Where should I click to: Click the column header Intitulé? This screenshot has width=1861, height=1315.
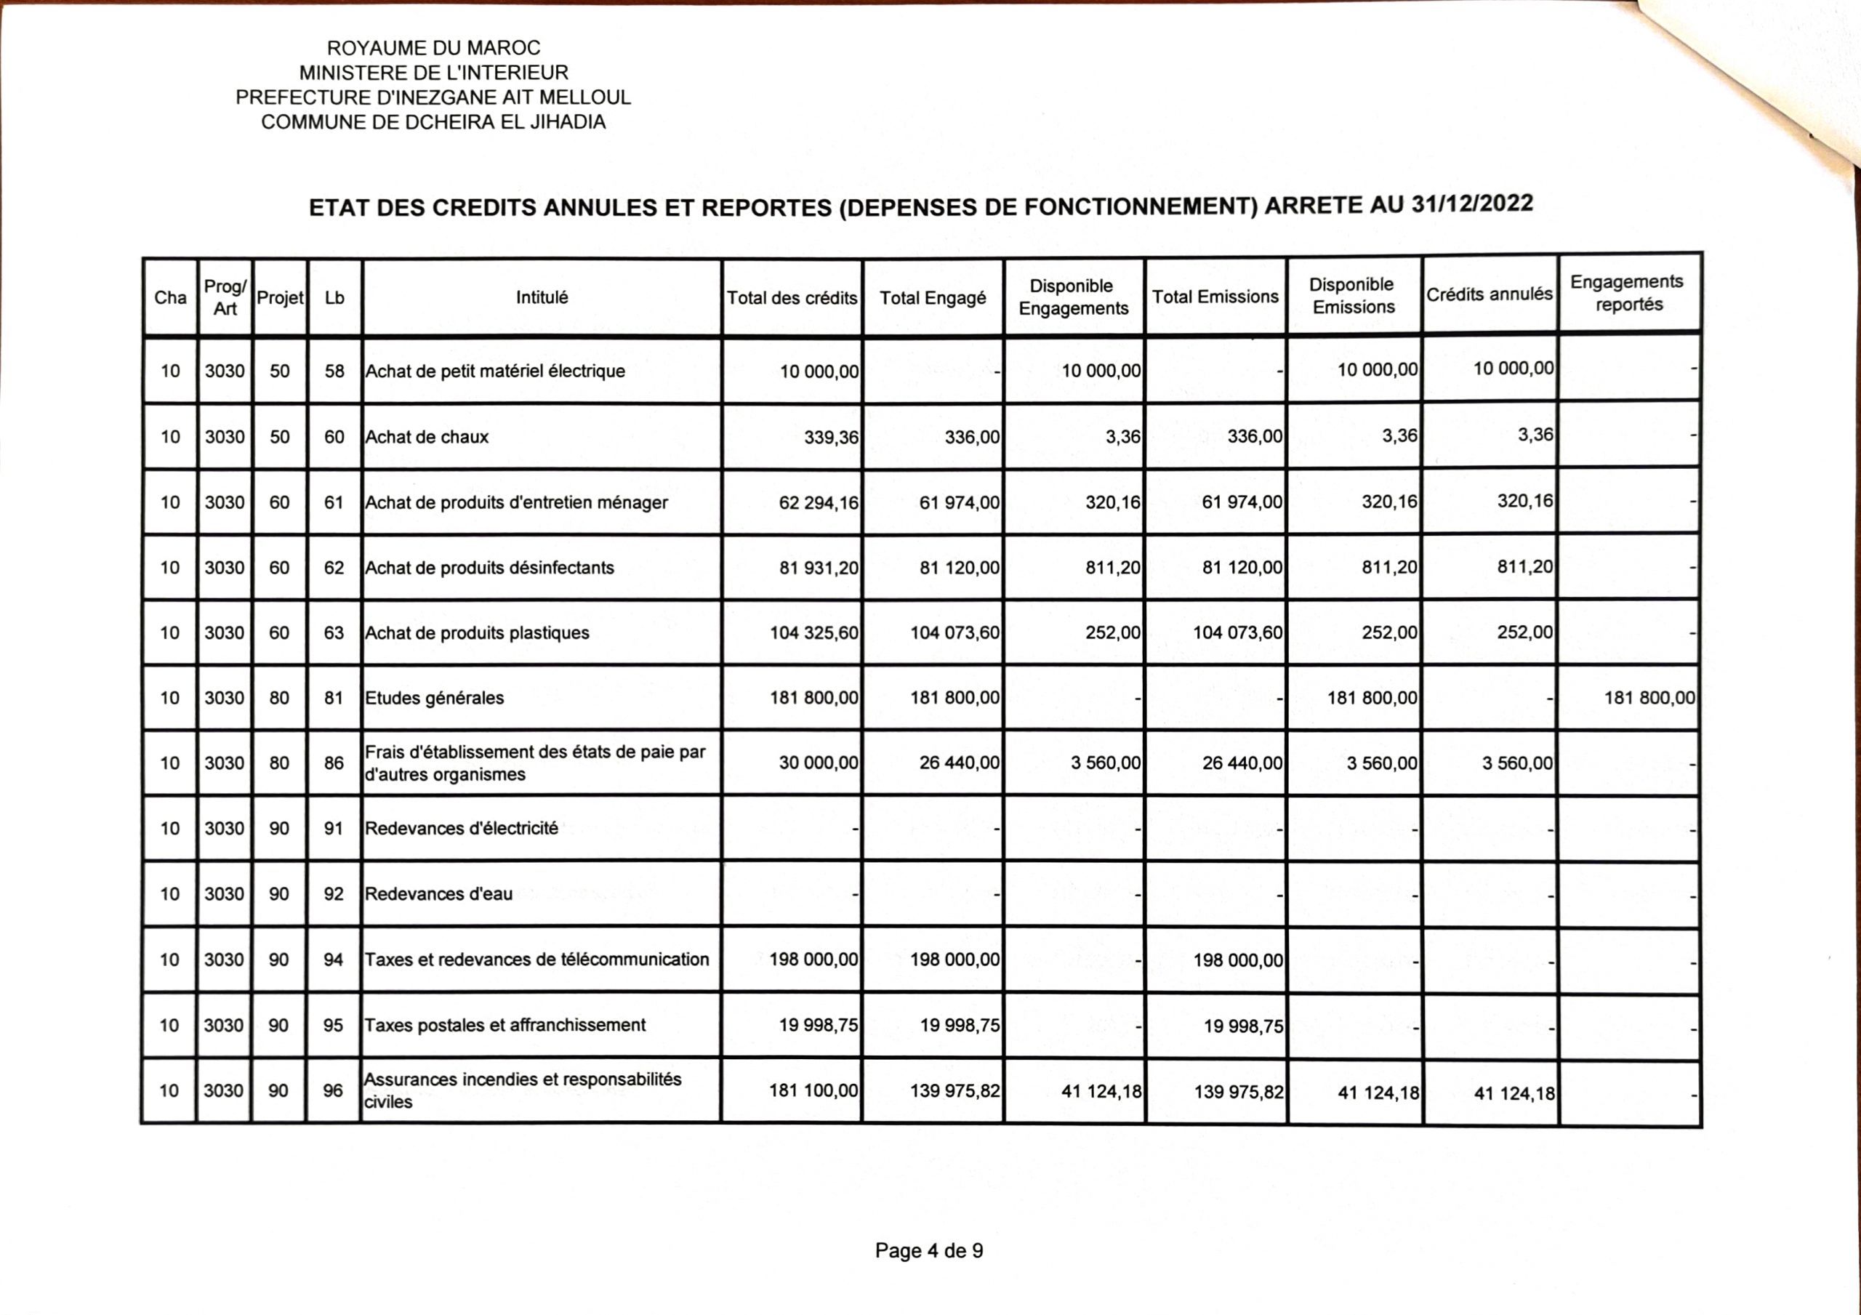coord(542,297)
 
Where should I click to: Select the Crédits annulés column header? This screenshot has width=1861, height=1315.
coord(1489,294)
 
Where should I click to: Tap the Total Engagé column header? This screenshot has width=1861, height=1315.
coord(932,297)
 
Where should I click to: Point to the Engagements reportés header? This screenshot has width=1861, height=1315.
coord(1627,293)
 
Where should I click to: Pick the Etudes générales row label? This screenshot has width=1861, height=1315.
coord(435,698)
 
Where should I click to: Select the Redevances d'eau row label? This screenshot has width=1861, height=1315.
coord(438,894)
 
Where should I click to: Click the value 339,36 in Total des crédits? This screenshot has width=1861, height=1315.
coord(831,438)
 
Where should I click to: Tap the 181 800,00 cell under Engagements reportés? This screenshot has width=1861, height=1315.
coord(1649,698)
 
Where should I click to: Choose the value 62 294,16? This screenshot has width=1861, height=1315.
coord(818,502)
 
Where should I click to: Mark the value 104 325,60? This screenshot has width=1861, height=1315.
coord(813,633)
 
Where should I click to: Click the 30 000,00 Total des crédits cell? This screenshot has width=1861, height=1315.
coord(818,763)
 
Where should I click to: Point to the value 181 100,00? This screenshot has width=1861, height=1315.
coord(813,1090)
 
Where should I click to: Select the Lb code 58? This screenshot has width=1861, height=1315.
coord(334,371)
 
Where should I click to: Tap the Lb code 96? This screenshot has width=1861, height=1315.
coord(332,1090)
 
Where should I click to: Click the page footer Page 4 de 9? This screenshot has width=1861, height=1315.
coord(929,1251)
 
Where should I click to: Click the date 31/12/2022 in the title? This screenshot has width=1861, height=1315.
coord(1472,204)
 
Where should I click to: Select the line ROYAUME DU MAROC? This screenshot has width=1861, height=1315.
coord(434,48)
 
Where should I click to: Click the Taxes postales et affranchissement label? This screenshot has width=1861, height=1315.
coord(505,1025)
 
